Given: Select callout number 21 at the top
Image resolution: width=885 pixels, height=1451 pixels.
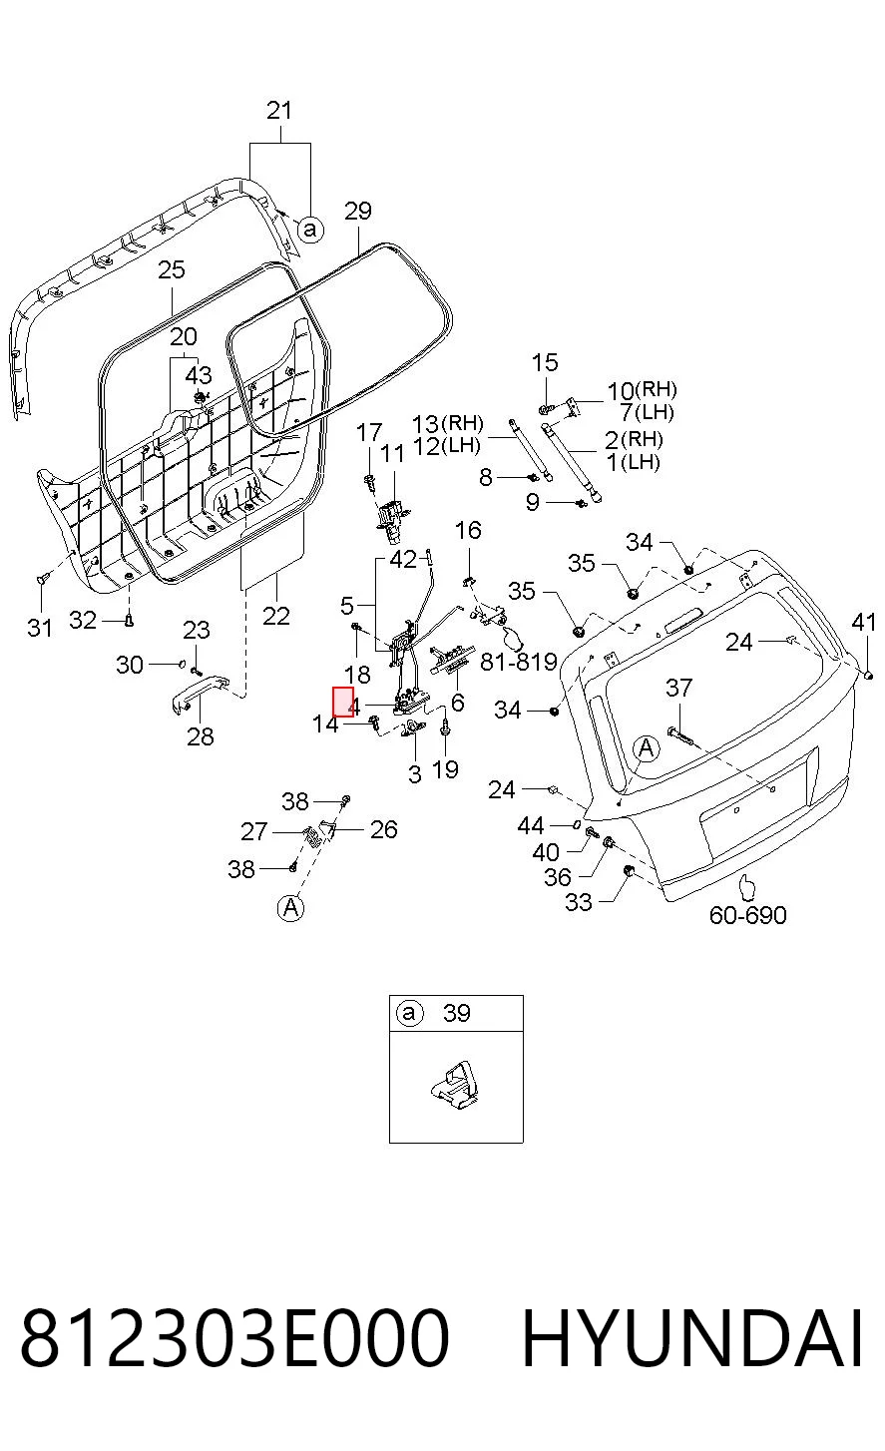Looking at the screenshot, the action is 279,111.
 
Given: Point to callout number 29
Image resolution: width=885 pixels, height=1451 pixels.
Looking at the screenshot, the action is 358,212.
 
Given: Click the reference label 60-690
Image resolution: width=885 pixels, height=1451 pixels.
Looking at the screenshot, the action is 747,915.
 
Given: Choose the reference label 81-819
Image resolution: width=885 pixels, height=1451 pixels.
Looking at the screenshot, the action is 519,662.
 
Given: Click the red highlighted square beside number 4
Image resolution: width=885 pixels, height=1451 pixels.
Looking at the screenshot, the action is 343,702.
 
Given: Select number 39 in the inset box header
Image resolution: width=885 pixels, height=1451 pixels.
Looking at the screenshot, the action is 457,1013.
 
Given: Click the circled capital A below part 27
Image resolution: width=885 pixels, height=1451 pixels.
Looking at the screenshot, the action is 291,907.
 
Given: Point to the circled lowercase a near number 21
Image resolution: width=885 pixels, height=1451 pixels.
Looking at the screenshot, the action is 310,230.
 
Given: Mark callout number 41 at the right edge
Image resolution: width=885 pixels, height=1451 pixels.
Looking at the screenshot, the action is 864,623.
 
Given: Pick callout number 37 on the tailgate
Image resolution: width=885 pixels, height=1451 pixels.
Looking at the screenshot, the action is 679,688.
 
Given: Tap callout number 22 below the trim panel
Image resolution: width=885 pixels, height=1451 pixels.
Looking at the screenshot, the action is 276,616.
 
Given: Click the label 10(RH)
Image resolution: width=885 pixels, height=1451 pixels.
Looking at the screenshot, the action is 642,390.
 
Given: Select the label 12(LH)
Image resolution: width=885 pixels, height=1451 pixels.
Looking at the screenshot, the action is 446,446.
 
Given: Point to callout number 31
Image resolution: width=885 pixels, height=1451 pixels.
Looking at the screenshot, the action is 40,627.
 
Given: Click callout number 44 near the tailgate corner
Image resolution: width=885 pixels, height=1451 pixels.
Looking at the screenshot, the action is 531,825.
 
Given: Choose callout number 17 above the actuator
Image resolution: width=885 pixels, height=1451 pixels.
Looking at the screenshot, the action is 369,432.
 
